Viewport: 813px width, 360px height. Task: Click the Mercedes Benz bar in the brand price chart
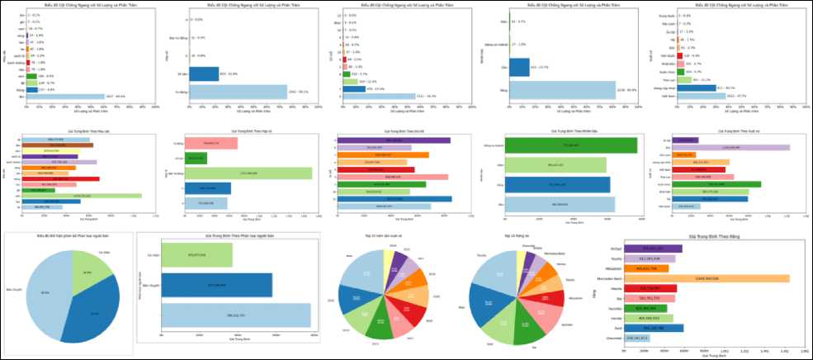pyautogui.click(x=707, y=278)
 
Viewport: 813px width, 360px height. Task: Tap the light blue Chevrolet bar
pyautogui.click(x=636, y=339)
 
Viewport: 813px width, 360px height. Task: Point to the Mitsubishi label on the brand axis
pyautogui.click(x=612, y=268)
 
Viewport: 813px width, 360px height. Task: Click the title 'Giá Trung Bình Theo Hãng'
pyautogui.click(x=706, y=237)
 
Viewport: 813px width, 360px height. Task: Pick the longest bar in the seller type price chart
pyautogui.click(x=236, y=315)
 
